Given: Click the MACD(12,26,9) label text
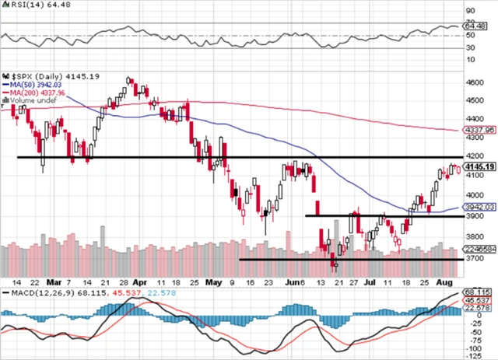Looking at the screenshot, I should click(x=34, y=292).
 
